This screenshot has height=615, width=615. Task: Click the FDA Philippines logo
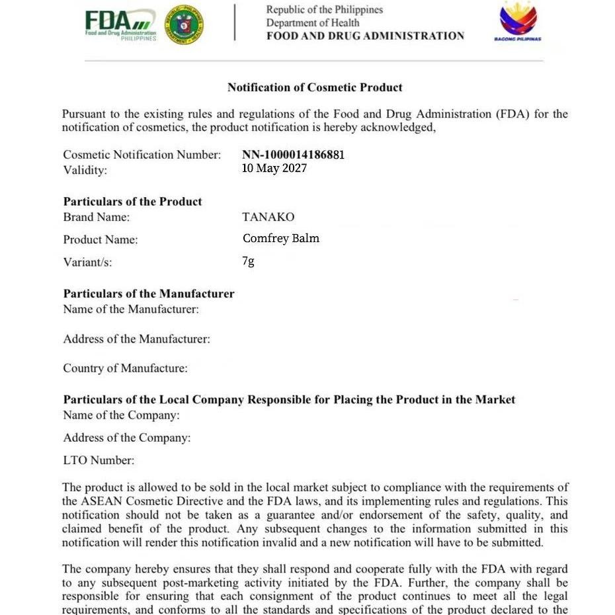120,25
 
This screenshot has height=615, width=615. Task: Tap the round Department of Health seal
184,24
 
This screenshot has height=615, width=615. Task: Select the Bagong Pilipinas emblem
518,21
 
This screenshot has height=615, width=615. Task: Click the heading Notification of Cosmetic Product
315,87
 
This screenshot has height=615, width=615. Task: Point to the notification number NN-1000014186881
293,155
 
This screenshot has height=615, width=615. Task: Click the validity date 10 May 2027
274,168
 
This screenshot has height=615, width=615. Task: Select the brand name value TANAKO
268,217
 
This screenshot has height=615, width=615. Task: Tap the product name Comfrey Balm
280,238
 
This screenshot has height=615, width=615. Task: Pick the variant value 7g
248,261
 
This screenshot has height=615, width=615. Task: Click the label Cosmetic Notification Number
142,155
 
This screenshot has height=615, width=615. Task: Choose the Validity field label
85,170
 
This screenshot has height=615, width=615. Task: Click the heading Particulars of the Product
132,202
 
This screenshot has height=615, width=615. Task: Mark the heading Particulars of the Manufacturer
149,294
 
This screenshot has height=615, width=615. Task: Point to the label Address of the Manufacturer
136,339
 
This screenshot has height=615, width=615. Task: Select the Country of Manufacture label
125,368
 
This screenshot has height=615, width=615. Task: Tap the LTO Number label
99,460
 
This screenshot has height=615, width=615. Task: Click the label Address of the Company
126,438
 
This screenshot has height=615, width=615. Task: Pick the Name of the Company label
121,415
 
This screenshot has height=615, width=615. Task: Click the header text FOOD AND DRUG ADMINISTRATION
365,36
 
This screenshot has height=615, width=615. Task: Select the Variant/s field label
87,262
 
